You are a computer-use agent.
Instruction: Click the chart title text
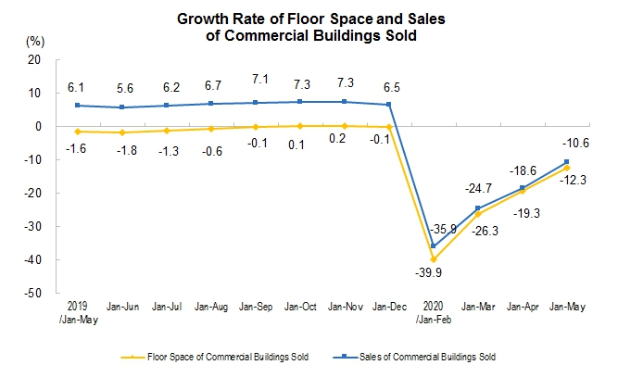(x=309, y=27)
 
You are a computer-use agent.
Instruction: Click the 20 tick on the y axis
(x=36, y=60)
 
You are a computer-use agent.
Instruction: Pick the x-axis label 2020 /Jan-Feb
(x=433, y=310)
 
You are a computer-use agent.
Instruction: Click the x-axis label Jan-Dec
(x=388, y=306)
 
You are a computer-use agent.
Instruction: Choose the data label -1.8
(x=120, y=147)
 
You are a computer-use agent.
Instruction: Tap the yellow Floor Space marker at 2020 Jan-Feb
(x=433, y=259)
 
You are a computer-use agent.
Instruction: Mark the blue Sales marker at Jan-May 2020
(x=566, y=162)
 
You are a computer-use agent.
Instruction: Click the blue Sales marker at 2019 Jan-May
(x=77, y=106)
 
